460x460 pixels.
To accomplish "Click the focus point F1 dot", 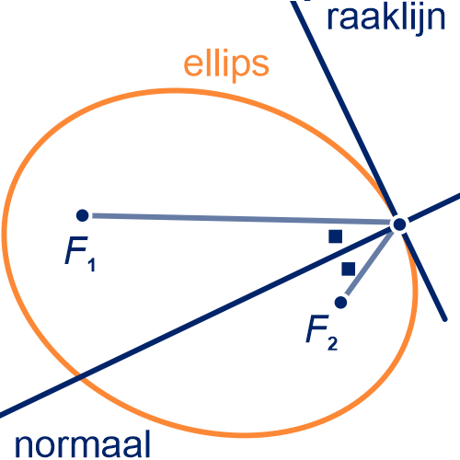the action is [x=82, y=215].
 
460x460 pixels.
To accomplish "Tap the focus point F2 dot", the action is [x=340, y=303].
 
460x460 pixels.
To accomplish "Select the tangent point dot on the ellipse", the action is [x=399, y=224].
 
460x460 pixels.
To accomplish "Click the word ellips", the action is [x=226, y=65].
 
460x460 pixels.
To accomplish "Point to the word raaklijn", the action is [x=386, y=18].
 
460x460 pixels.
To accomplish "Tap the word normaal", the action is [x=83, y=443].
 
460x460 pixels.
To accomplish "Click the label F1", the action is [x=80, y=254].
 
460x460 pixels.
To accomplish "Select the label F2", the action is [x=322, y=333].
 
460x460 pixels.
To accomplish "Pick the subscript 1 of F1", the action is [x=92, y=265].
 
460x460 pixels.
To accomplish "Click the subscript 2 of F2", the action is [x=332, y=344].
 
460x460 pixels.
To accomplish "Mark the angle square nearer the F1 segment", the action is [x=336, y=236].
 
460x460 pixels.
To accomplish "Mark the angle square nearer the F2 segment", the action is [x=349, y=269].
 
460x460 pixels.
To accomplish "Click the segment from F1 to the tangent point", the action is [x=242, y=219].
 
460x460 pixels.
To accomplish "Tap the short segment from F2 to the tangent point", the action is [x=369, y=263].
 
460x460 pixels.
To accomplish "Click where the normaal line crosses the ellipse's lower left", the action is [x=80, y=374].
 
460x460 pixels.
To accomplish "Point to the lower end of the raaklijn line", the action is [x=445, y=320].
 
